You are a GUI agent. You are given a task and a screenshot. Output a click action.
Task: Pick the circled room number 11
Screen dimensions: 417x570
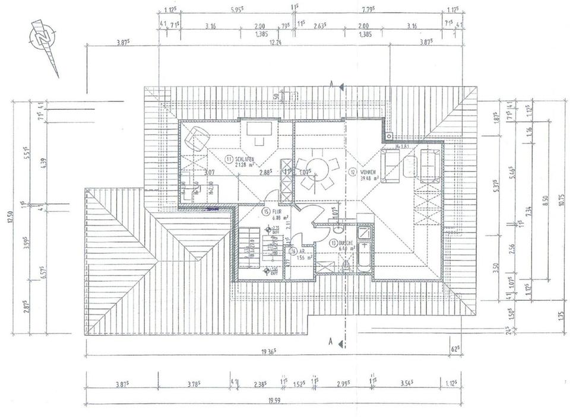tap(227, 159)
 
